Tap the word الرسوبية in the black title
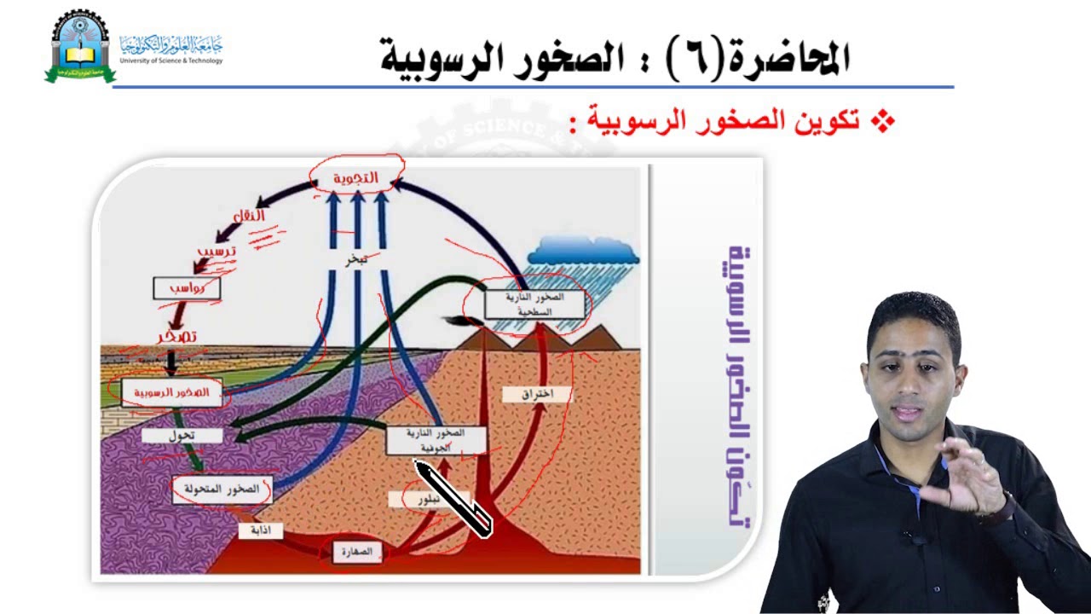coord(440,58)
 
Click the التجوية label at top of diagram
coord(355,177)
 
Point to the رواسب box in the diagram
coord(187,288)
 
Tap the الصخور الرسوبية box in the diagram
coord(171,392)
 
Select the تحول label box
coord(182,435)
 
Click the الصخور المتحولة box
coord(222,489)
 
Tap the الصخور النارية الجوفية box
coord(436,440)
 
